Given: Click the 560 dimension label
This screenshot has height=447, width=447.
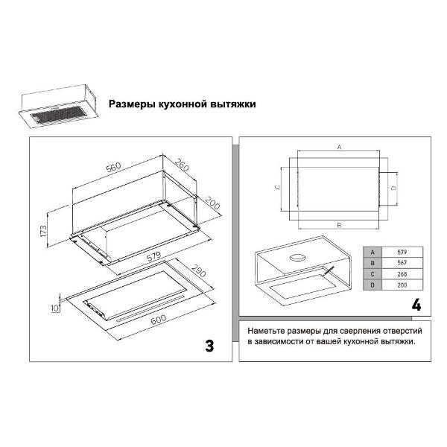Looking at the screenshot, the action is pos(113,168).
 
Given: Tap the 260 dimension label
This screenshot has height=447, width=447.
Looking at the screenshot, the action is pos(182,165).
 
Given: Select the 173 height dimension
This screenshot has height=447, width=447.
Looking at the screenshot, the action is pos(43,231).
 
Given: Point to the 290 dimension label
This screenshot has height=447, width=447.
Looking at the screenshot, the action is pos(198,271).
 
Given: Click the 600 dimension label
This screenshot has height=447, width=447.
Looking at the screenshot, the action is pos(158,320).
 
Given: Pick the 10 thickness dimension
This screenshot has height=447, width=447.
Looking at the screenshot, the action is pos(55,308).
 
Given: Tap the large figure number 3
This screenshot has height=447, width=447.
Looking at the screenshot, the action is pos(209,346).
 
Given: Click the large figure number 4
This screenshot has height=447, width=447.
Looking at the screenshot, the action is pos(416,305).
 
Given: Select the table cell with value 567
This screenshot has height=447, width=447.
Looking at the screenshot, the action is pos(402,263).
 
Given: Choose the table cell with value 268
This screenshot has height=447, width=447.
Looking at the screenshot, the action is pos(402,274).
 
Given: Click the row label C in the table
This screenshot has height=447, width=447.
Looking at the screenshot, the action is pos(372,274).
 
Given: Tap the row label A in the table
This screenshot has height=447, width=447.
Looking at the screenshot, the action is pos(372,253).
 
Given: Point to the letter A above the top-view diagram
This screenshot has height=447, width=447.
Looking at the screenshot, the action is pos(339,147).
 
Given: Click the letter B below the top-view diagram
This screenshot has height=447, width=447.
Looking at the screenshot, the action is pos(339,225).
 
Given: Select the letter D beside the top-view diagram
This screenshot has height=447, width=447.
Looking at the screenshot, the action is pos(393,188).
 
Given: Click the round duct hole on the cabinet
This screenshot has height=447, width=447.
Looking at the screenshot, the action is pos(297,258).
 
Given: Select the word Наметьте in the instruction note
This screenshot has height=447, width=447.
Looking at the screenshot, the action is pos(266,331).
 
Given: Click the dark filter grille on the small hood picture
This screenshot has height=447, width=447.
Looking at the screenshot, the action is pos(59,113).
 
